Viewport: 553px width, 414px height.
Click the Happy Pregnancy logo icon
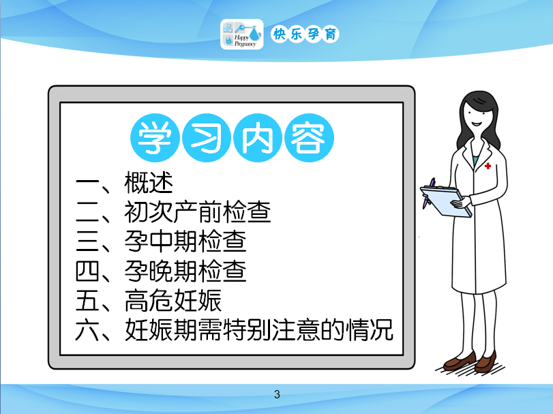coord(241,34)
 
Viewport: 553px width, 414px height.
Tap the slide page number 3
coord(277,394)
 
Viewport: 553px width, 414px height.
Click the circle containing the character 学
coord(155,138)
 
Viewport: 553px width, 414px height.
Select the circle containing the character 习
coord(207,138)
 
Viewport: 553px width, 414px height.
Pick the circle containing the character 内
coord(258,138)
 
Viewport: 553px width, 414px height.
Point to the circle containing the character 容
coord(309,138)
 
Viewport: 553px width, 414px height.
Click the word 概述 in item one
coord(149,183)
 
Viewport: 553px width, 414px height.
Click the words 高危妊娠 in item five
coord(173,301)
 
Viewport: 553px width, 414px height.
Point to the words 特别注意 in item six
coord(271,330)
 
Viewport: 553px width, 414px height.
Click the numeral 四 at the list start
coord(87,271)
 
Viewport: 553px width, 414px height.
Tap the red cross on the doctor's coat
coord(488,166)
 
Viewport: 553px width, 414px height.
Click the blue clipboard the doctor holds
coord(446,201)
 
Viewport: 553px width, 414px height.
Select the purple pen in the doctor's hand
coord(428,193)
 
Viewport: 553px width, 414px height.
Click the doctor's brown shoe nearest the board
coord(460,361)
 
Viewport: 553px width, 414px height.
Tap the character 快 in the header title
coord(280,34)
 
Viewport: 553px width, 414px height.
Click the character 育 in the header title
coord(331,34)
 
